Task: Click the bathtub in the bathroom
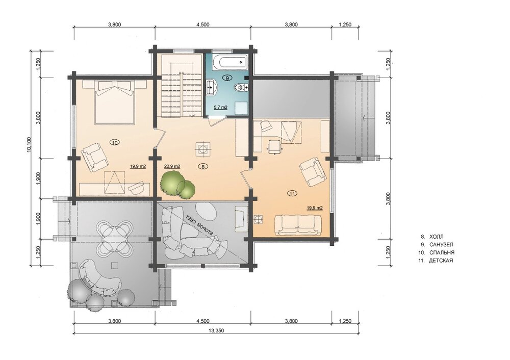pyautogui.click(x=231, y=62)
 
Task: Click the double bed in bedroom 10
pyautogui.click(x=114, y=102)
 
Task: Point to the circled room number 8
pyautogui.click(x=203, y=167)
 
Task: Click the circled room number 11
pyautogui.click(x=292, y=194)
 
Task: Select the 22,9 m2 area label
pyautogui.click(x=172, y=166)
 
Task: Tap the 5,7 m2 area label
pyautogui.click(x=220, y=107)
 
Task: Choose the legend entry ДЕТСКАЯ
pyautogui.click(x=441, y=261)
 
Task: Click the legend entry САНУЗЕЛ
pyautogui.click(x=441, y=245)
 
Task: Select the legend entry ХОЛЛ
pyautogui.click(x=436, y=237)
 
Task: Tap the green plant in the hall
pyautogui.click(x=177, y=185)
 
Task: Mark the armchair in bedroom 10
pyautogui.click(x=94, y=157)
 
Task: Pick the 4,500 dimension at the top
pyautogui.click(x=202, y=24)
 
